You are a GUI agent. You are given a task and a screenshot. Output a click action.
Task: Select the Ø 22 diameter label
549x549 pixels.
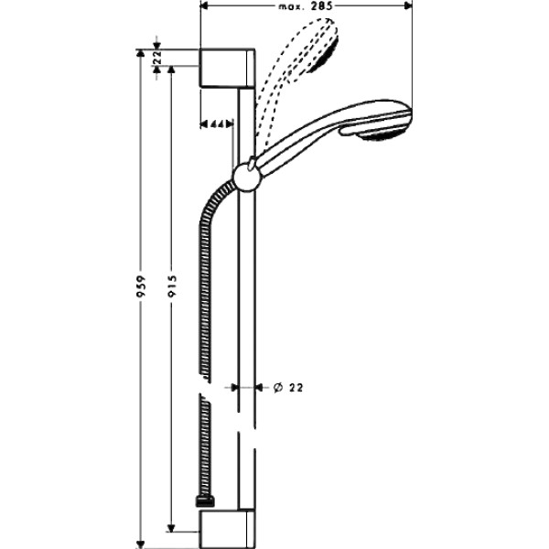(288, 387)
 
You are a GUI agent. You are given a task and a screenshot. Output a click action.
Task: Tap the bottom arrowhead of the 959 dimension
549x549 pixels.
(140, 541)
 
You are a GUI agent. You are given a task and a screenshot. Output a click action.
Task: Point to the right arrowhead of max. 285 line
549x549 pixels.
(408, 6)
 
